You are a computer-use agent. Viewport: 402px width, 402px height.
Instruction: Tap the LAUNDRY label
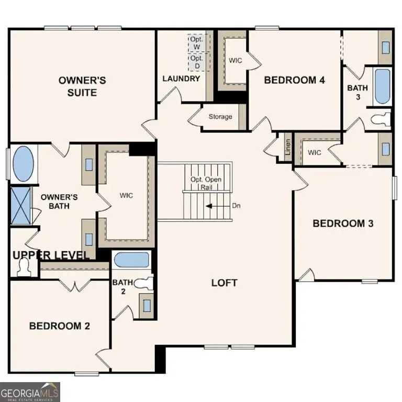181,79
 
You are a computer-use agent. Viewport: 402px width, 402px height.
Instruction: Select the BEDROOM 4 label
295,80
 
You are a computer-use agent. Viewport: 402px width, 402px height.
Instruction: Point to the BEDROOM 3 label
343,224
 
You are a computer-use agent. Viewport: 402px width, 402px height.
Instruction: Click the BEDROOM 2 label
59,326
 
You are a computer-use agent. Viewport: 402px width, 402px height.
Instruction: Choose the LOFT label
224,283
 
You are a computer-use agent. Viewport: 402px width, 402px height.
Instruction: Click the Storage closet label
220,116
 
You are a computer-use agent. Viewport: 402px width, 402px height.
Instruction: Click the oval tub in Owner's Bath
22,164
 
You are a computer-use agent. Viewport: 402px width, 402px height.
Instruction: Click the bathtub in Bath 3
382,86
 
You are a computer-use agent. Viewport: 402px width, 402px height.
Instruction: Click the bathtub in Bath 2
132,260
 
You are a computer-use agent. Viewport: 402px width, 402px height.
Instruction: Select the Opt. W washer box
198,43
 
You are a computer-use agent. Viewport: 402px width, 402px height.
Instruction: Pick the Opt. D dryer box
198,62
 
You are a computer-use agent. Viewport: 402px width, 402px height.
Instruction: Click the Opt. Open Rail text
205,183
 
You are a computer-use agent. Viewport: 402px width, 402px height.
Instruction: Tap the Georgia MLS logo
30,392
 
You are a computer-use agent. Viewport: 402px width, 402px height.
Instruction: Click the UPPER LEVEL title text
50,255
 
